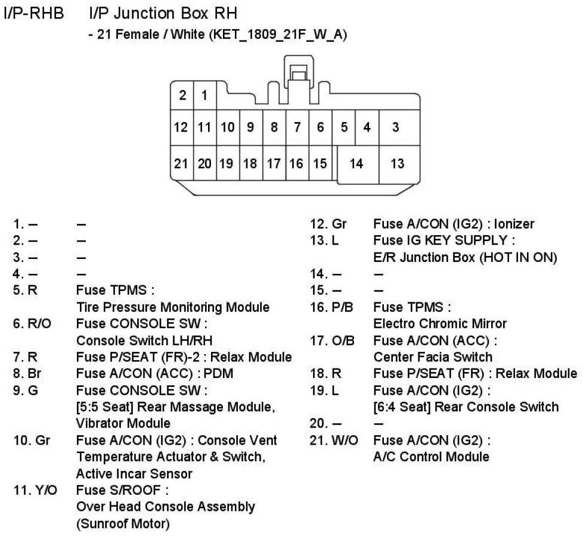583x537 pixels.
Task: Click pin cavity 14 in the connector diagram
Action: (x=356, y=164)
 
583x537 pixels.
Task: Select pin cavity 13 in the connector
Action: (x=398, y=164)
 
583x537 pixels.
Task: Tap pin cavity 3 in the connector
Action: (x=396, y=127)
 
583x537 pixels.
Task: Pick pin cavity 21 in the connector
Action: (x=181, y=164)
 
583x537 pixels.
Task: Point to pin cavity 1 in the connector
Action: (x=204, y=95)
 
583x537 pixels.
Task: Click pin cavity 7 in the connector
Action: (x=297, y=127)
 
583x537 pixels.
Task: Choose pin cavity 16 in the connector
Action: (x=296, y=164)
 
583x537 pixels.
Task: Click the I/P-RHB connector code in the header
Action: (x=34, y=13)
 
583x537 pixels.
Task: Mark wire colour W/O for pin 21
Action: (x=340, y=441)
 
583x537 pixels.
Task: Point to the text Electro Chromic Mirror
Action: (x=439, y=324)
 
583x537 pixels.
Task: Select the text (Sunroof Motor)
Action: (x=123, y=524)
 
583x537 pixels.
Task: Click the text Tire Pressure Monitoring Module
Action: (x=173, y=307)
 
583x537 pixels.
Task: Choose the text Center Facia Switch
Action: (x=433, y=357)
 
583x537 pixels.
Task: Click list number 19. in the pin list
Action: (x=319, y=391)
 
